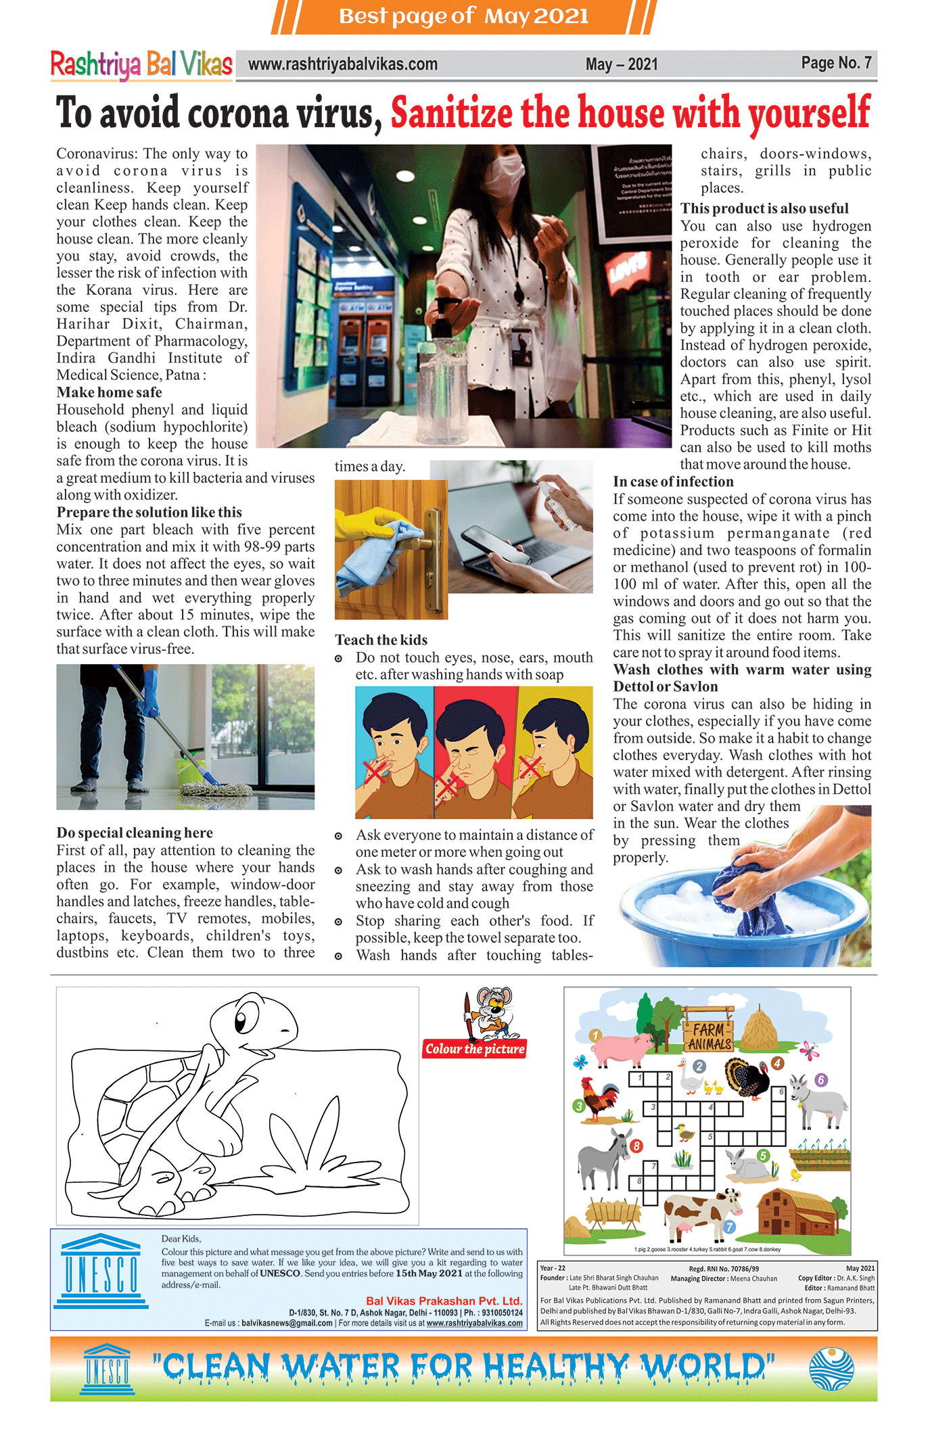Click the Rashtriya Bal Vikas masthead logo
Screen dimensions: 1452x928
click(x=141, y=65)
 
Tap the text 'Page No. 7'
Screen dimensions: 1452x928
click(x=836, y=63)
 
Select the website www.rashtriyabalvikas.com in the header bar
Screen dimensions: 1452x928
click(x=342, y=64)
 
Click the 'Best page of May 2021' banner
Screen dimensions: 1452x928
click(x=463, y=16)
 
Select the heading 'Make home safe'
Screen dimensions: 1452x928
click(x=109, y=392)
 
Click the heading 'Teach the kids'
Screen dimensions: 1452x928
click(x=381, y=640)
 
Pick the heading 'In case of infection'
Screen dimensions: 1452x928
click(x=673, y=482)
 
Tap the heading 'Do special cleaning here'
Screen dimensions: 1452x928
click(x=135, y=833)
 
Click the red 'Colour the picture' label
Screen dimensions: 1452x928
click(x=475, y=1049)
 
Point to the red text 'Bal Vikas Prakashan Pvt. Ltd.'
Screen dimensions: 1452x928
click(x=444, y=1301)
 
